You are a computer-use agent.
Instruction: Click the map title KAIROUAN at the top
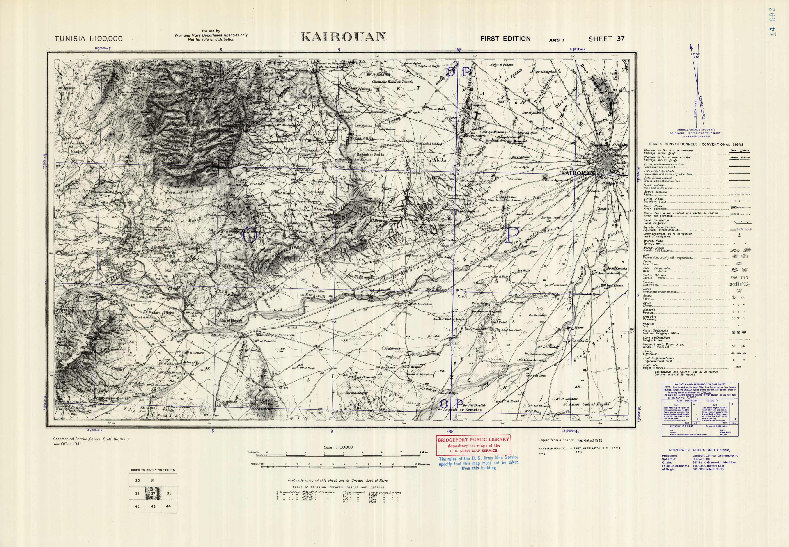(x=343, y=37)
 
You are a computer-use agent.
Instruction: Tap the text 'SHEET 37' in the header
(x=606, y=39)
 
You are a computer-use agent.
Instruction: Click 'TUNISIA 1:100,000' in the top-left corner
(x=88, y=39)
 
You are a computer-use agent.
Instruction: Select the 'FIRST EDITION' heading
(x=505, y=39)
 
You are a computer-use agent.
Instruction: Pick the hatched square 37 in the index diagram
(x=153, y=494)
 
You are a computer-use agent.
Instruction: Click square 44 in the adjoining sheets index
(x=169, y=506)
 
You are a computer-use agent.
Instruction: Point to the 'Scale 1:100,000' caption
(x=338, y=447)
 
